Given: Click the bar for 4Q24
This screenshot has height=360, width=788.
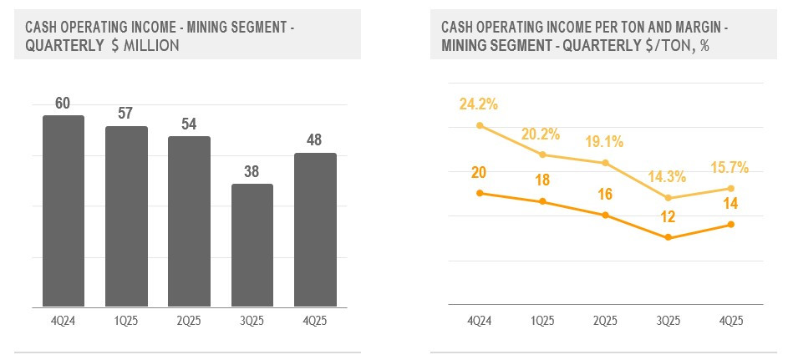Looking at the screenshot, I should point(64,210).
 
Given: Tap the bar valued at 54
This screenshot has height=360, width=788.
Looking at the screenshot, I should point(189,221).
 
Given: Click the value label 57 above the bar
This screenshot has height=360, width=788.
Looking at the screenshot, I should point(126,114).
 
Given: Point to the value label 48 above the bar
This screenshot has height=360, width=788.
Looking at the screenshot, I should point(315,140).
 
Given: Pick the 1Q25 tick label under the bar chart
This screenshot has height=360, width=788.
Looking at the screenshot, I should point(126,319).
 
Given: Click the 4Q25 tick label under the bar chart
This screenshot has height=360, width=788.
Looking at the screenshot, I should point(315,319).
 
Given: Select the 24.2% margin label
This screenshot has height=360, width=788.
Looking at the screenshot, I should point(478,104).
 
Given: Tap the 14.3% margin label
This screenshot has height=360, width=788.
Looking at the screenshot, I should point(666,176).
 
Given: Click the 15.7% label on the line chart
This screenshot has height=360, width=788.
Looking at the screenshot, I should point(729,167).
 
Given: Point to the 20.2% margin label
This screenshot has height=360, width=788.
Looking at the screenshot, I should point(541,133).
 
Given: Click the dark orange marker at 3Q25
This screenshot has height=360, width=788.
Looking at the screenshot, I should point(668,238).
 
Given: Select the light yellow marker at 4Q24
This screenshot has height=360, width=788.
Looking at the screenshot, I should point(479,125).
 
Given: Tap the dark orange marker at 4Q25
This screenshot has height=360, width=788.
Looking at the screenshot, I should point(731,224).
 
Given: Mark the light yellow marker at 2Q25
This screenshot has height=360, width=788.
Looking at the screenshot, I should point(605,163).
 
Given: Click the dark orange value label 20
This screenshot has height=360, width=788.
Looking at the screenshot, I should point(478,173).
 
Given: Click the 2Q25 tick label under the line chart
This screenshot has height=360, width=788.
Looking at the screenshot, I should point(605,320).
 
